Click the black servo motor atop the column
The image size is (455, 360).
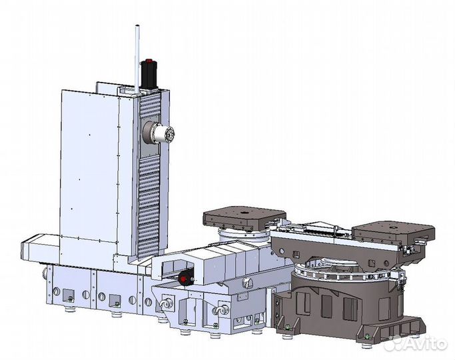click(x=149, y=73)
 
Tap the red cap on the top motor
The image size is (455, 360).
click(x=149, y=61)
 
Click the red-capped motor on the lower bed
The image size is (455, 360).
click(x=186, y=279)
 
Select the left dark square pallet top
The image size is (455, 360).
click(x=244, y=219)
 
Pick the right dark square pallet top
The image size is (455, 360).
click(x=394, y=231)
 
